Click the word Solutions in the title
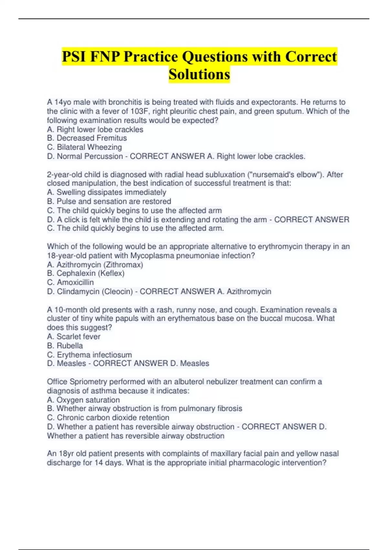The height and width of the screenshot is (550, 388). pyautogui.click(x=199, y=74)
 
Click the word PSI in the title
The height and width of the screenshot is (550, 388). pyautogui.click(x=74, y=57)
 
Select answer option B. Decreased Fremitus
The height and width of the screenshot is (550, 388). pyautogui.click(x=87, y=138)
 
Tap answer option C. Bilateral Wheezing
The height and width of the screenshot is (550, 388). pyautogui.click(x=84, y=147)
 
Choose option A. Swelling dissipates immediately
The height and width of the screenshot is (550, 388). pyautogui.click(x=107, y=192)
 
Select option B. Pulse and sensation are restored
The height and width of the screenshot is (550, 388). pyautogui.click(x=109, y=201)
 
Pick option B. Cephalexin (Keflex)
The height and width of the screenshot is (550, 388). pyautogui.click(x=86, y=273)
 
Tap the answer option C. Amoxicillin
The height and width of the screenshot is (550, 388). pyautogui.click(x=70, y=282)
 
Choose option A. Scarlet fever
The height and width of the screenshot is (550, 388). pyautogui.click(x=74, y=336)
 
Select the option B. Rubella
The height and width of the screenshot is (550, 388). pyautogui.click(x=65, y=346)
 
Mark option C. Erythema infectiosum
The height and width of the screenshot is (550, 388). pyautogui.click(x=90, y=355)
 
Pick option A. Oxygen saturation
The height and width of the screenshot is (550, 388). pyautogui.click(x=83, y=400)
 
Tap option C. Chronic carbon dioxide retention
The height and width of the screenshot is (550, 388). pyautogui.click(x=108, y=418)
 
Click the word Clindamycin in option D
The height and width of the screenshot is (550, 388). pyautogui.click(x=79, y=291)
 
